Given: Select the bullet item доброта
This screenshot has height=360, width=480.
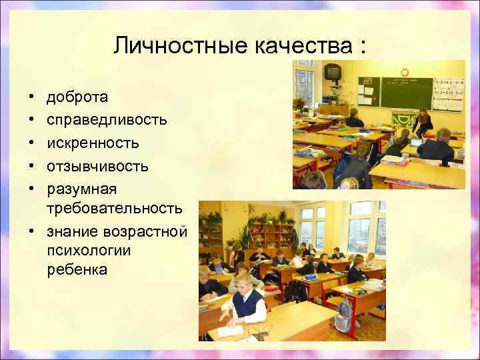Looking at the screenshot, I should click(77, 97).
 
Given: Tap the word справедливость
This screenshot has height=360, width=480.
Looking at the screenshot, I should click(107, 120).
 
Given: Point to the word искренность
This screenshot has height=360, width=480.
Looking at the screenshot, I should click(93, 143).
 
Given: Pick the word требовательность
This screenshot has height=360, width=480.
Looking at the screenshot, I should click(114, 209).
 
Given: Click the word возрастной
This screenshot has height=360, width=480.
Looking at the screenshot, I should click(151, 231).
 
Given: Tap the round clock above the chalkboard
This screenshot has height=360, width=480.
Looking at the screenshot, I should click(404, 71).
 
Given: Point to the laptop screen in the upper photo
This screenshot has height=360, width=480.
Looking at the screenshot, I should click(415, 141).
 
